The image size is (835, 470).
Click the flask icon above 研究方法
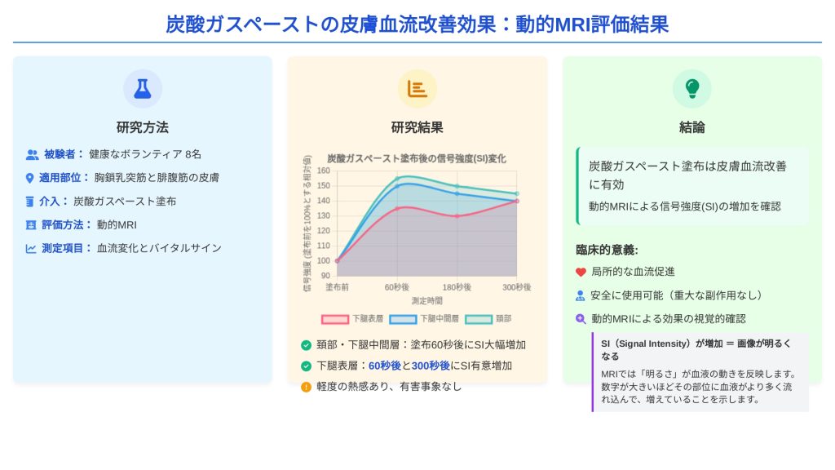[143, 89]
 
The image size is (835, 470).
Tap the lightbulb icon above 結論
[691, 89]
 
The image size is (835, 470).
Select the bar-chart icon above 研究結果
[417, 89]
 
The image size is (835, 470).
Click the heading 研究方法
[143, 127]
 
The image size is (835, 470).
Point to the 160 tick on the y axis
[324, 171]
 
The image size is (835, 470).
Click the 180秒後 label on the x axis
[457, 287]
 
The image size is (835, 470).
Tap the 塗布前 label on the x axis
[337, 287]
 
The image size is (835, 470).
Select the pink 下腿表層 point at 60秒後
[397, 208]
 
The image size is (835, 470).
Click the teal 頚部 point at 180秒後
[457, 186]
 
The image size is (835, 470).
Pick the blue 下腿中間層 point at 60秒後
[397, 186]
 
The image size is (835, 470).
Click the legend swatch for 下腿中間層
[403, 319]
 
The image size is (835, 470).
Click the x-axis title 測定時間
[427, 301]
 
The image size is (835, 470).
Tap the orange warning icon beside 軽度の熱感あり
[306, 387]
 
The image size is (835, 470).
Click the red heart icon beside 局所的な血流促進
[581, 272]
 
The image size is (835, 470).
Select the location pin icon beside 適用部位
[31, 178]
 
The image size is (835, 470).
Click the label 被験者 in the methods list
[60, 154]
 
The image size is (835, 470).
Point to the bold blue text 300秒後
[431, 366]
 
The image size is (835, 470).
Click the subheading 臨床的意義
[607, 250]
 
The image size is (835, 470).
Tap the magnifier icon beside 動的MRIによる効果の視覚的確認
[581, 319]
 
